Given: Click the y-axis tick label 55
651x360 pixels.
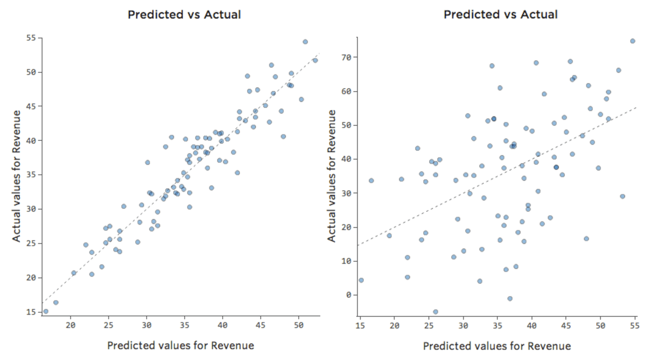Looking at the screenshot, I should coord(31,38).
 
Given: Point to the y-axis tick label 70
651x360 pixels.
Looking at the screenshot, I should coord(346,57).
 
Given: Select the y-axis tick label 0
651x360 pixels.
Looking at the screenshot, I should coord(349,295).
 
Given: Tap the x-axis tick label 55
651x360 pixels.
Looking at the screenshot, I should coord(635,326).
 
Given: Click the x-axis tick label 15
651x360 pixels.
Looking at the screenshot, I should coord(360,326).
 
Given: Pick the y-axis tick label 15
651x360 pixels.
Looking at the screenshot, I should coord(31,312).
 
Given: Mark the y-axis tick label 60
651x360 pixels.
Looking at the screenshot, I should coord(346,91).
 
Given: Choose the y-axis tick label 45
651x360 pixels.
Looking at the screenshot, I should coord(31,106).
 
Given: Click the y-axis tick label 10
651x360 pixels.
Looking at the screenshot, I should coord(346,261).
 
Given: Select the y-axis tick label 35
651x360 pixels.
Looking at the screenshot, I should coord(31,175).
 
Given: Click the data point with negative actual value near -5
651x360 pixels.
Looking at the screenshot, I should coord(435,312).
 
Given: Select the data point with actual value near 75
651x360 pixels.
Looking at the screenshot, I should coord(632,41).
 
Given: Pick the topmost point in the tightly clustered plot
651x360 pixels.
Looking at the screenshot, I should coord(305,42).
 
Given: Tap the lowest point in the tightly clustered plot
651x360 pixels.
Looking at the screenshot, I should coord(46,312).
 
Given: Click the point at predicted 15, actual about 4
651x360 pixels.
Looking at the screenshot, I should coord(361,280).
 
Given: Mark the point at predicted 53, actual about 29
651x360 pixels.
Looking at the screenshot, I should coord(622,196).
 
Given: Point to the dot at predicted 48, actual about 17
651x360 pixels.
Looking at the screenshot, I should coord(586,239).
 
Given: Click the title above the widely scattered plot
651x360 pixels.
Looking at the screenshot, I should coord(500,14).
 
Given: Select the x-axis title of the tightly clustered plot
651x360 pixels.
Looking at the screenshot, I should coord(180,346).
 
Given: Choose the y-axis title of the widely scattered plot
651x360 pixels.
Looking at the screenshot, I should coord(331,176).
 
